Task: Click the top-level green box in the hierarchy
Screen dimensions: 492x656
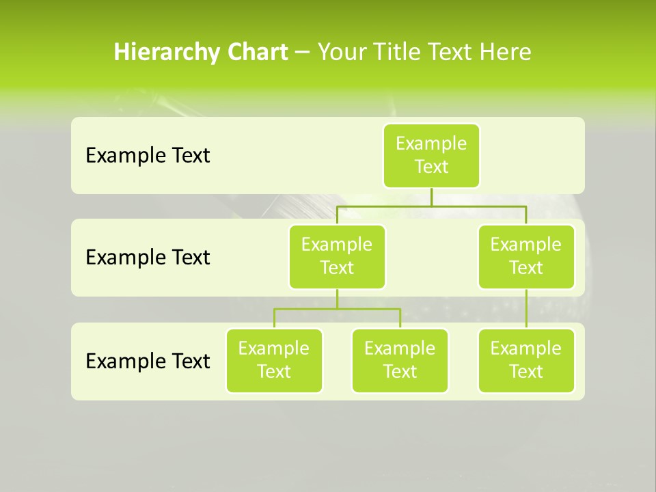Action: [431, 155]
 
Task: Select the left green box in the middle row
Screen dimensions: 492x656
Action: [337, 256]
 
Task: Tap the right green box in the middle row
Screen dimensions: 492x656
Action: [526, 256]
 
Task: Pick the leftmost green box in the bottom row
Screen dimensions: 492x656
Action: [274, 360]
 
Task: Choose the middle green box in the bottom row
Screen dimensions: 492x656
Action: [400, 360]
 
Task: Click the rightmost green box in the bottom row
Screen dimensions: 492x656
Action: [526, 360]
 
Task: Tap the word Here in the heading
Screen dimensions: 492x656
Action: [505, 52]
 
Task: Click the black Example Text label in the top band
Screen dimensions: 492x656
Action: [148, 156]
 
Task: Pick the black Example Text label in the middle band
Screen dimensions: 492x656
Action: [148, 258]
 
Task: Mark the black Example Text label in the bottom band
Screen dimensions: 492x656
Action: [148, 361]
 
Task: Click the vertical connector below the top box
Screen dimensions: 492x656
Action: [431, 197]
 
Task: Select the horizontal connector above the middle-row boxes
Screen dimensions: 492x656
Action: [431, 205]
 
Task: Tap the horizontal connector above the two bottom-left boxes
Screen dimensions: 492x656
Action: [337, 309]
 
